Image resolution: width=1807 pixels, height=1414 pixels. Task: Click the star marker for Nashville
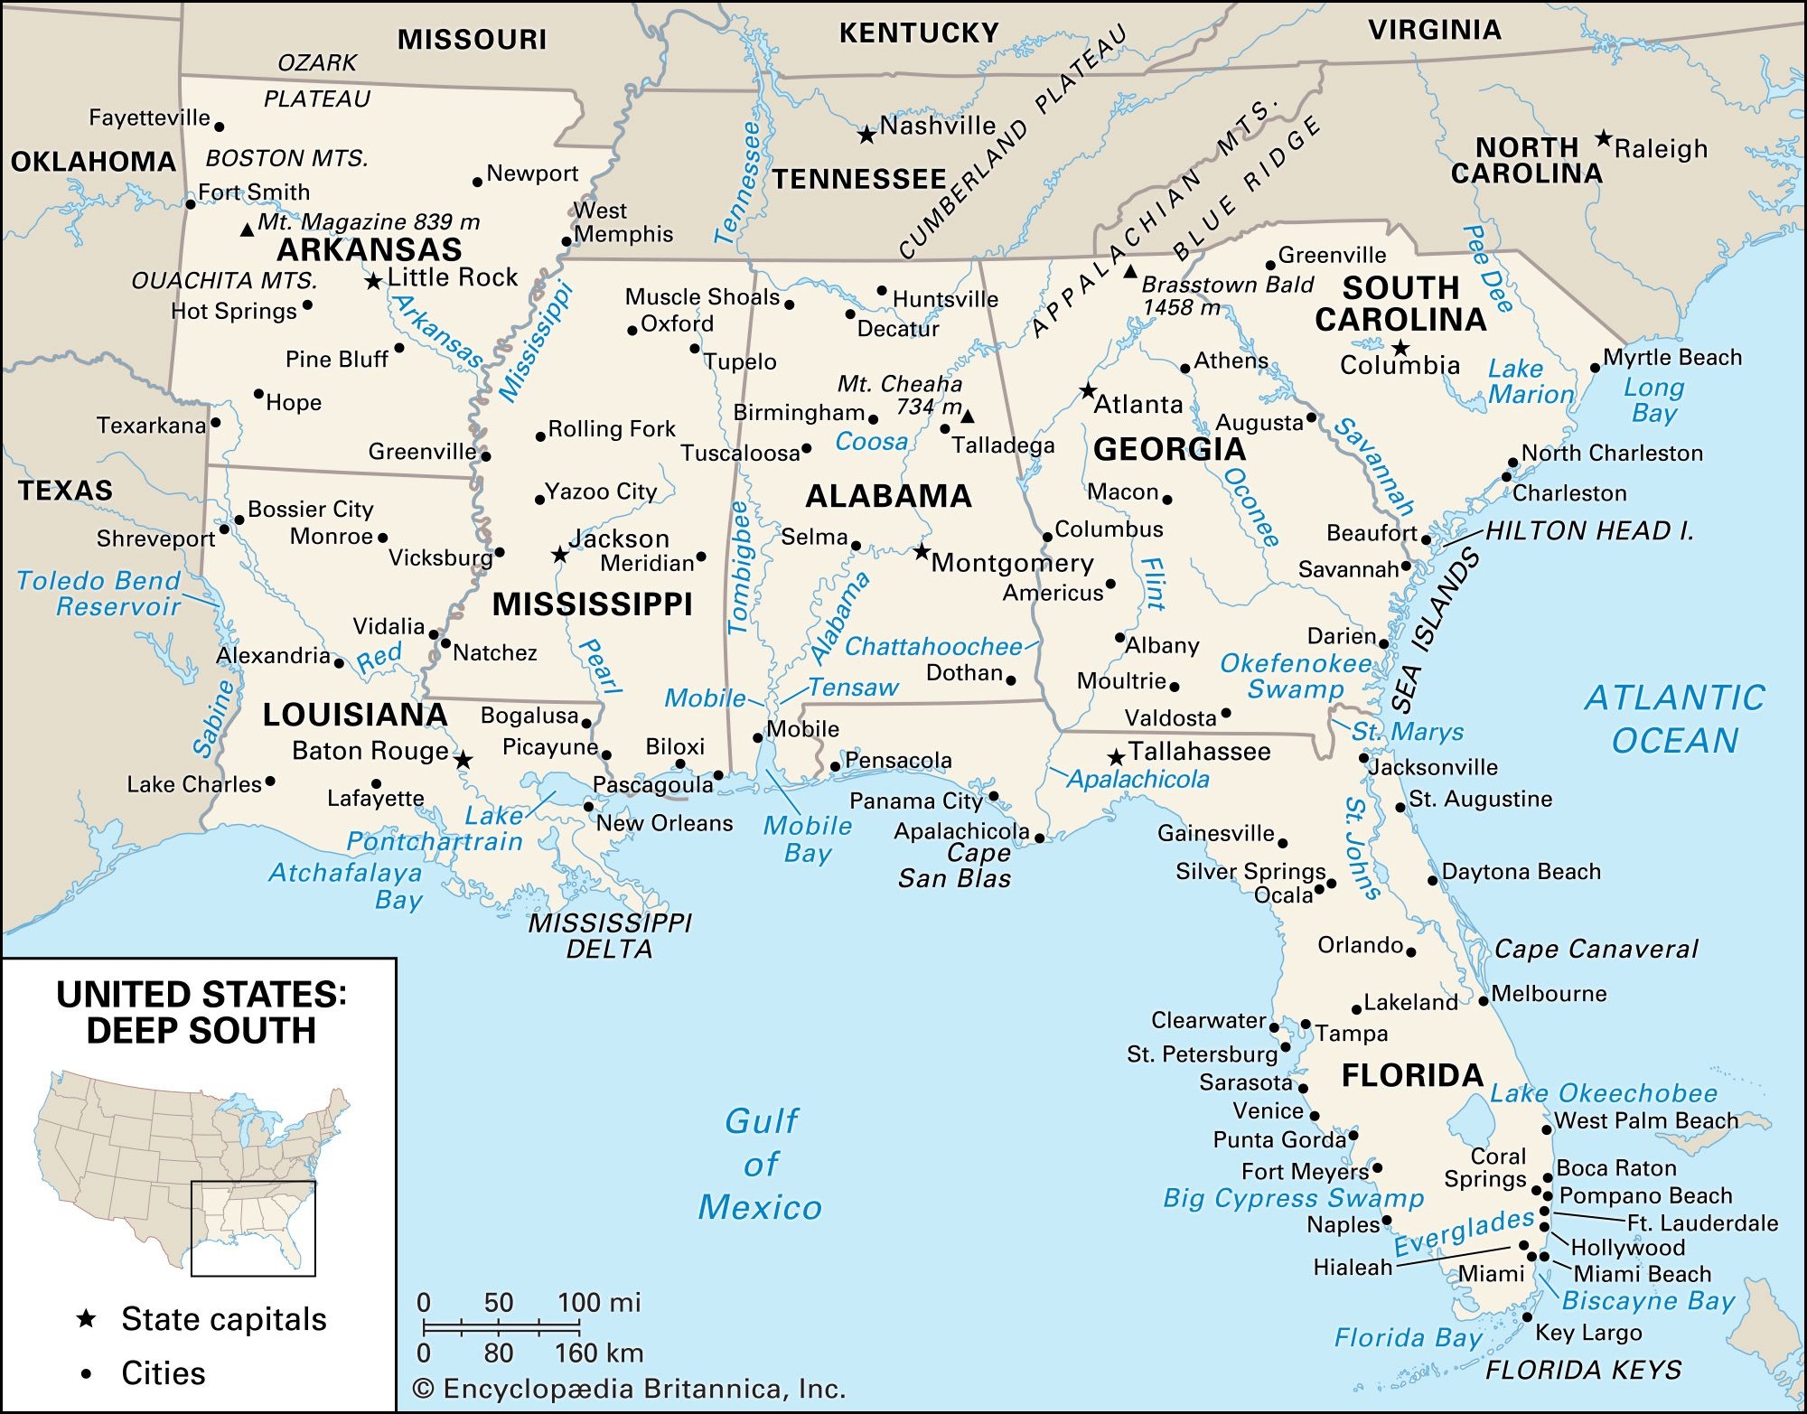pos(866,136)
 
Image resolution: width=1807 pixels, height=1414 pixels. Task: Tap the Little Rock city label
pos(453,277)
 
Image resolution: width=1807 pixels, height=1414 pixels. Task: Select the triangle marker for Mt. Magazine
pos(247,230)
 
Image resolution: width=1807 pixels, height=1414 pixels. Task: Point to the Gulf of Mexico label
pos(761,1164)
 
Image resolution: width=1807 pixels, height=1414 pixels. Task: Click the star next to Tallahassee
pos(1117,756)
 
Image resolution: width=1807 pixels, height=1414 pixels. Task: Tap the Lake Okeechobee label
pos(1604,1093)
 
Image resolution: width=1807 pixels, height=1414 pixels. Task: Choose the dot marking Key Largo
pos(1527,1316)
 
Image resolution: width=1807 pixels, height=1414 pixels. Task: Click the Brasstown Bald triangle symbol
pos(1130,271)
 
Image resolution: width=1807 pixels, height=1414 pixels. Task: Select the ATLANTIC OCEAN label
pos(1674,719)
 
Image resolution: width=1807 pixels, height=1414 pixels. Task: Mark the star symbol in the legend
pos(87,1319)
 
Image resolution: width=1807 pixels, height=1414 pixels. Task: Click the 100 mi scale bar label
pos(599,1302)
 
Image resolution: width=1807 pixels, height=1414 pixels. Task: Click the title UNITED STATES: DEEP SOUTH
pos(201,1013)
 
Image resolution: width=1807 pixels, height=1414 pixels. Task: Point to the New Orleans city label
pos(664,823)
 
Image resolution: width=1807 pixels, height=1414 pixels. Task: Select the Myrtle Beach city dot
pos(1595,368)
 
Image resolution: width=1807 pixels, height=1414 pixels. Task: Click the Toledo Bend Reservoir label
pos(99,594)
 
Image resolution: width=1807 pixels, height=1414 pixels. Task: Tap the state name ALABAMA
pos(888,496)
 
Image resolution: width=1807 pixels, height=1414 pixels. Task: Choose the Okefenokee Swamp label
pos(1295,676)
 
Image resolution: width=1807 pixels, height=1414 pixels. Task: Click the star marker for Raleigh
pos(1603,138)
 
